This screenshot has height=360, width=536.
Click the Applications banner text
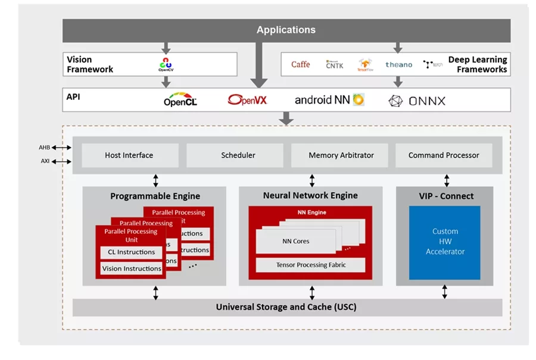(x=286, y=30)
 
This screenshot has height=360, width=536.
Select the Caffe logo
(x=300, y=64)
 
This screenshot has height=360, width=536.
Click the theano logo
(x=398, y=64)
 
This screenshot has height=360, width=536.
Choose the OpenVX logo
(x=247, y=100)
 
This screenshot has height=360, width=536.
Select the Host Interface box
(x=129, y=155)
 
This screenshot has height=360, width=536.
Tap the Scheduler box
(x=238, y=155)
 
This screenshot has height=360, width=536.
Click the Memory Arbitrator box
(x=341, y=155)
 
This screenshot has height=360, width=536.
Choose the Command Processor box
(x=444, y=155)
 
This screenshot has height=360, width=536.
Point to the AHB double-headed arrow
(x=61, y=147)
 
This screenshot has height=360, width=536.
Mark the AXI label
(x=45, y=161)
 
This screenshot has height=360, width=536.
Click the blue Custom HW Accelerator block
(x=445, y=242)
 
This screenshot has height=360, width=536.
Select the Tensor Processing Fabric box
(x=310, y=265)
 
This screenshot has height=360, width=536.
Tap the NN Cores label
(x=296, y=241)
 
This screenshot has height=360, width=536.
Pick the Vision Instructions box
(x=132, y=268)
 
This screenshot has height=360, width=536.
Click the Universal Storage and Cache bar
(x=286, y=308)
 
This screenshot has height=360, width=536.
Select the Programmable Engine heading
(x=155, y=196)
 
